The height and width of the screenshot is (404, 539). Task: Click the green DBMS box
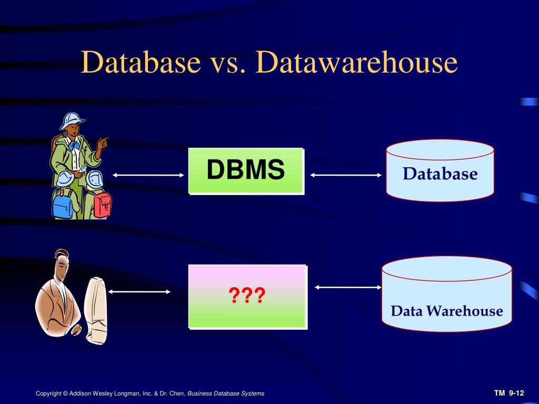[x=246, y=170]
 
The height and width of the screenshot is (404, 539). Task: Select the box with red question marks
[x=247, y=296]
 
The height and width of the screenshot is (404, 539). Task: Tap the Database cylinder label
[x=440, y=174]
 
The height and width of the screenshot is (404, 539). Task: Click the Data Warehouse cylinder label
[x=446, y=311]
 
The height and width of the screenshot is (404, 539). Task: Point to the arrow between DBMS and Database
[x=346, y=175]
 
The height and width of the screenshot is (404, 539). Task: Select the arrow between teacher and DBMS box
[x=148, y=175]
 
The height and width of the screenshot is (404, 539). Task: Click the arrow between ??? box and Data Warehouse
[x=348, y=287]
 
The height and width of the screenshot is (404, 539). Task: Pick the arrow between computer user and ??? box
[x=139, y=291]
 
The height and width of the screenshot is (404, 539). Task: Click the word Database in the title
[x=141, y=62]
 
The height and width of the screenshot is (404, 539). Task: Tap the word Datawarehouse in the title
[x=356, y=62]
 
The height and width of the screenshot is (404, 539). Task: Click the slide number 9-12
[x=516, y=393]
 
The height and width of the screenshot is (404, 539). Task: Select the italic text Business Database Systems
[x=226, y=393]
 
